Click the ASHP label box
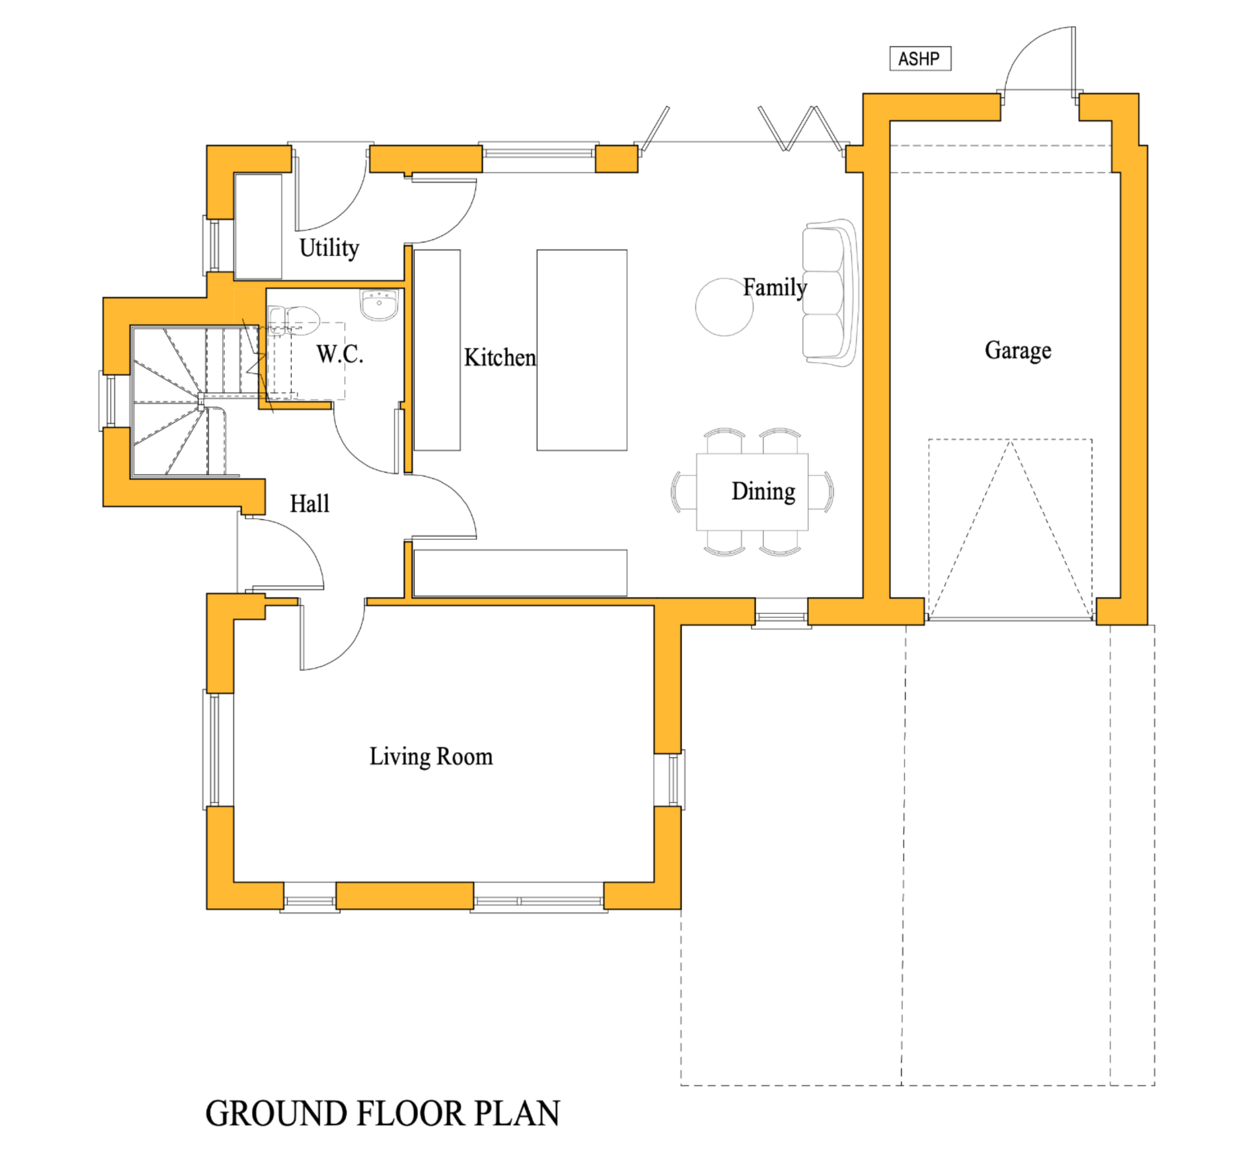(x=920, y=59)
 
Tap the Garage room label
(x=1018, y=350)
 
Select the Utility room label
(x=329, y=248)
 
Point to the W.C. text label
(x=339, y=354)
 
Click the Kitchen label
(x=499, y=358)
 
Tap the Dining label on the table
(x=763, y=491)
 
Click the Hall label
(x=309, y=504)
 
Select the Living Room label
(x=431, y=756)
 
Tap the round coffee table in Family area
(x=724, y=307)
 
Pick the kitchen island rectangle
(x=581, y=350)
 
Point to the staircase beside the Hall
(x=181, y=399)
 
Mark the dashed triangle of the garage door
(x=1010, y=531)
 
